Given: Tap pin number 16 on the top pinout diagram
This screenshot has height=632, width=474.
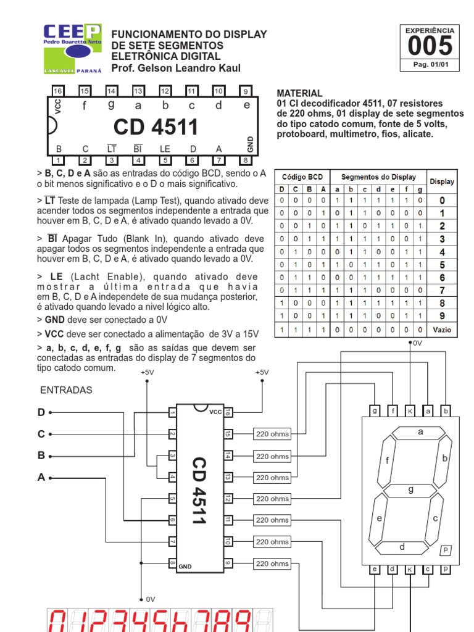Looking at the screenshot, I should (58, 91).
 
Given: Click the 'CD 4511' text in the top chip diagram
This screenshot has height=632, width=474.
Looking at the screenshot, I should (156, 127).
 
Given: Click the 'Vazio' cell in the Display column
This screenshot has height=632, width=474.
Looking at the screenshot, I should (441, 330).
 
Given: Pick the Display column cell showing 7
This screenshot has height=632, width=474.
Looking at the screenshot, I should (441, 290).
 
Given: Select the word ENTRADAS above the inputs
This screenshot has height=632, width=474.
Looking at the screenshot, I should (66, 390).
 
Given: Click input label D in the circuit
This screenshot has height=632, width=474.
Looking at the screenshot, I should (41, 412).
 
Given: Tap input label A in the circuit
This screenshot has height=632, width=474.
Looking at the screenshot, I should (41, 477).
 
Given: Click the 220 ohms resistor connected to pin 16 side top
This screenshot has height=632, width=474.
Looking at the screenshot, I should (272, 434).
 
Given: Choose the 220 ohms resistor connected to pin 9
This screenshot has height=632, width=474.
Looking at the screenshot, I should (272, 563).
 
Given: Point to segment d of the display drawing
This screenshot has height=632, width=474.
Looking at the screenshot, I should (402, 547).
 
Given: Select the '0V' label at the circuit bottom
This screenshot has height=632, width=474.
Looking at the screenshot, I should (151, 599).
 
